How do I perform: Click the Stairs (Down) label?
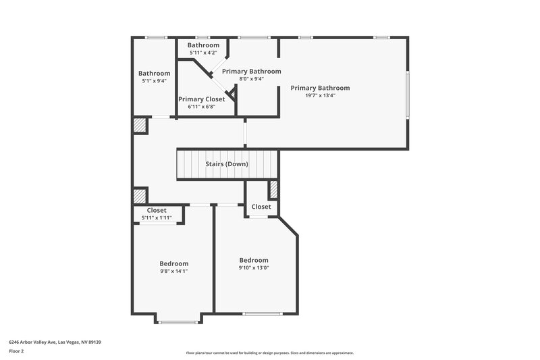[227, 164]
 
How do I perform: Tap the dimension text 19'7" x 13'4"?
[320, 95]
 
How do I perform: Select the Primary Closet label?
[201, 99]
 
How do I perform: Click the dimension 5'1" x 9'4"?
[154, 80]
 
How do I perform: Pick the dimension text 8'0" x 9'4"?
[251, 78]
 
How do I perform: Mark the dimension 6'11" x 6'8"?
[201, 107]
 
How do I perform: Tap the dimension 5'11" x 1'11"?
[157, 217]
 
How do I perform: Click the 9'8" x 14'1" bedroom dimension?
[173, 271]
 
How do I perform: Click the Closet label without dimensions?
[261, 207]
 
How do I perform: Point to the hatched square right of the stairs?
[273, 189]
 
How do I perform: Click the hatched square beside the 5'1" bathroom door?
[140, 126]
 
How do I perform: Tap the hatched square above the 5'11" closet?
[140, 196]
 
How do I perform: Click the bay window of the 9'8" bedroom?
[177, 322]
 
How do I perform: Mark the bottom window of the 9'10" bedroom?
[262, 313]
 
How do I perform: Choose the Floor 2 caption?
[16, 351]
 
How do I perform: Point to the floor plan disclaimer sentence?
[269, 353]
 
